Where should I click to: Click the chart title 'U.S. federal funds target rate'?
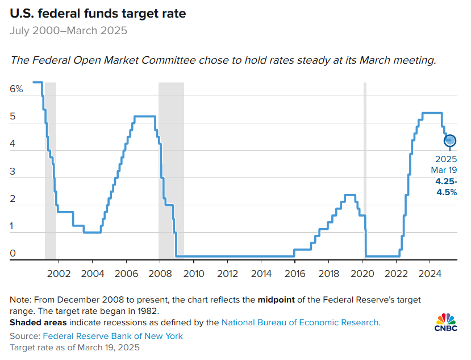point(97,13)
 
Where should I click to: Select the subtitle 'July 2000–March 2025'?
point(68,30)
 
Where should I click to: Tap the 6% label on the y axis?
point(16,89)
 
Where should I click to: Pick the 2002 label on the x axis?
point(59,273)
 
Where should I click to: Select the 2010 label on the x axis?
point(194,273)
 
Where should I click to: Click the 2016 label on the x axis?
point(294,273)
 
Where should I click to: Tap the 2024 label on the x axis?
point(430,273)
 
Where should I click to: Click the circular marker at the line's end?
point(450,140)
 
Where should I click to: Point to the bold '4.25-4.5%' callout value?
point(446,186)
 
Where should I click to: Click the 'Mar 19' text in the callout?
point(444,170)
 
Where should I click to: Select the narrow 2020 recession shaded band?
point(365,171)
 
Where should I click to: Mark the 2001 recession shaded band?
point(51,171)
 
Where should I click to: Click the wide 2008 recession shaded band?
point(171,171)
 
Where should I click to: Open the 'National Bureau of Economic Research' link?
point(300,322)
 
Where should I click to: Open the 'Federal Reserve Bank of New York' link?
point(113,336)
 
